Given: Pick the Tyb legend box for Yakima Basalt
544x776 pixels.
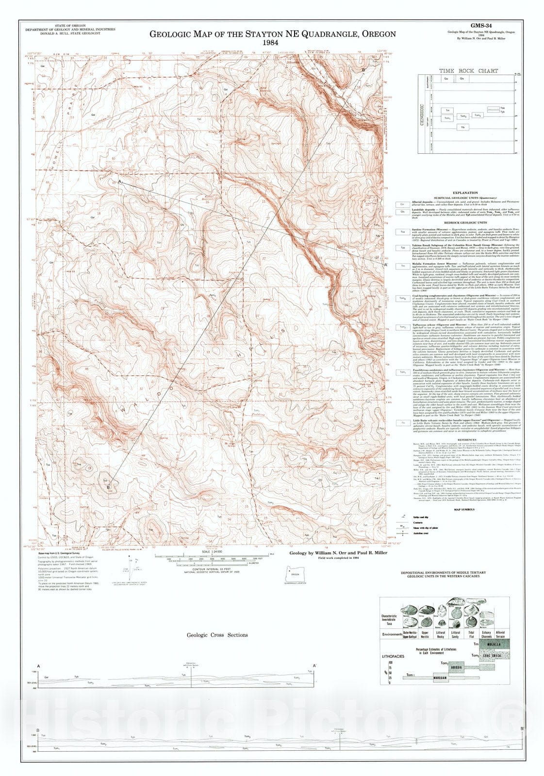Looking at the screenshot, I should pos(402,247).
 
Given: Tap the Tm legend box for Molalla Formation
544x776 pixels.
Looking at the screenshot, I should pos(402,266).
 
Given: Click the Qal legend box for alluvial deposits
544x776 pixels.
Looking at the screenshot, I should pos(402,204).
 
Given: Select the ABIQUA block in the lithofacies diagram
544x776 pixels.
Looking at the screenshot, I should pos(456,667).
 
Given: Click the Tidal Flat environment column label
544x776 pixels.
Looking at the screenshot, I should pos(471,634).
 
